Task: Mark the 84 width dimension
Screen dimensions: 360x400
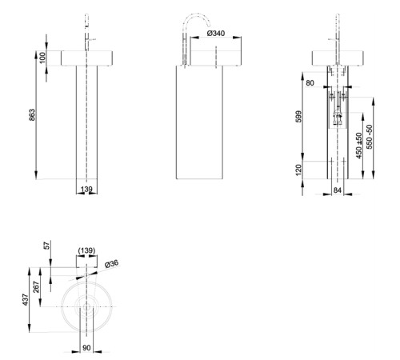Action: [x=338, y=190]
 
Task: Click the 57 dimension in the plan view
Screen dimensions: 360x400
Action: [x=47, y=246]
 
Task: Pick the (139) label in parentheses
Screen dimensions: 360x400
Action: [x=86, y=251]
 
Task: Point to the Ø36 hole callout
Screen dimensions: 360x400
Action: [x=112, y=262]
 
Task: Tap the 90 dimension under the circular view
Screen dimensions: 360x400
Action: [x=87, y=348]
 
